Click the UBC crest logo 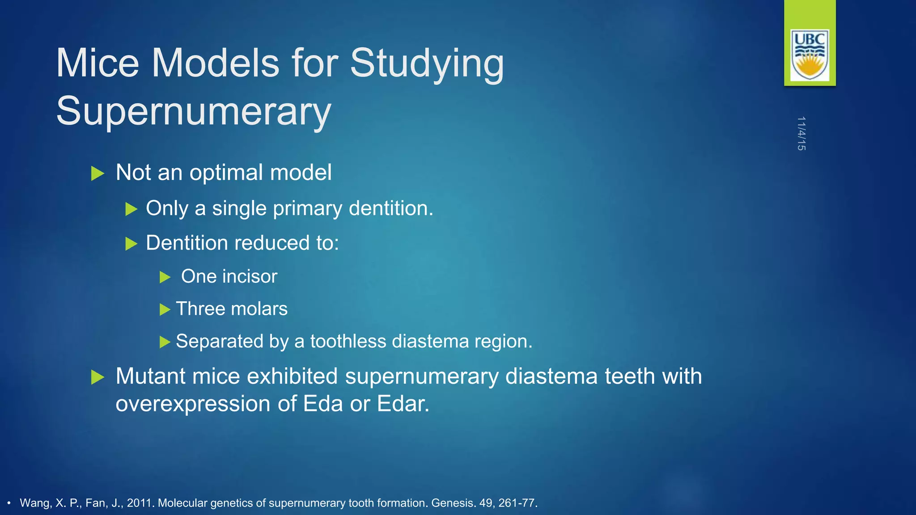tap(810, 55)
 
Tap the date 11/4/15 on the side tap(801, 133)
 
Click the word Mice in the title tap(98, 63)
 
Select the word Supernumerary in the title tap(193, 111)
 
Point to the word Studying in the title tap(427, 64)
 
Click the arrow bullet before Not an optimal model tap(98, 173)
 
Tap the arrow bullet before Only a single tap(131, 209)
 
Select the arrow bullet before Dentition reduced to tap(131, 244)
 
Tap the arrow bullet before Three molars tap(165, 309)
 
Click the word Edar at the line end tap(403, 404)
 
